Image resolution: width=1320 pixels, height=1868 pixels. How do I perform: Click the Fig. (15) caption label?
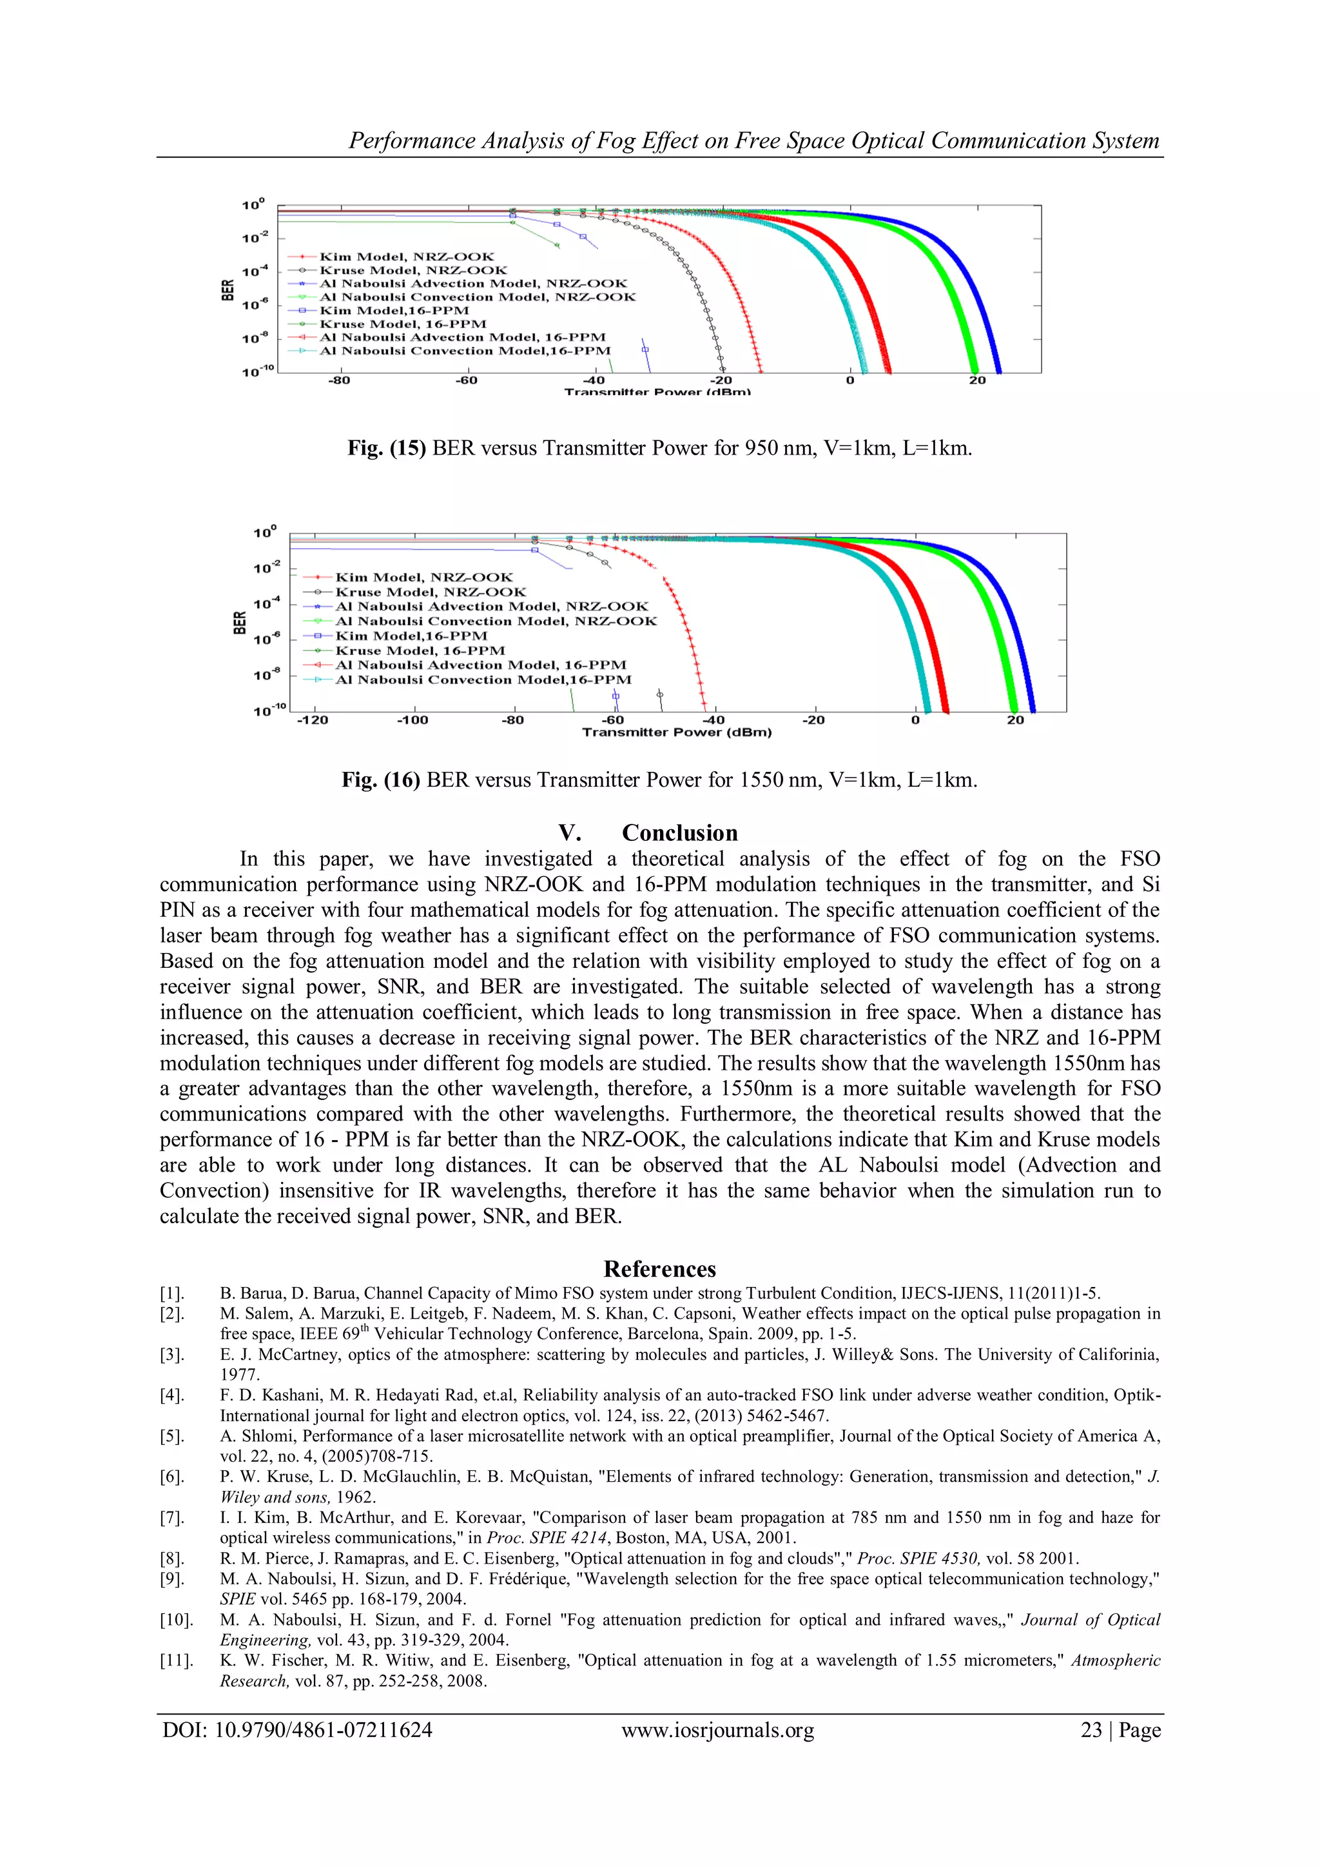tap(386, 448)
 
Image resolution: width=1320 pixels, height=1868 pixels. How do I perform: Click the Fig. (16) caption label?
tap(381, 780)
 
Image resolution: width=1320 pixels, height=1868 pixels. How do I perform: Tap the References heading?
tap(659, 1269)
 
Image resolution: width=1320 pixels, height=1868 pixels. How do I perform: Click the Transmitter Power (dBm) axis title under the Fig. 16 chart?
tap(677, 733)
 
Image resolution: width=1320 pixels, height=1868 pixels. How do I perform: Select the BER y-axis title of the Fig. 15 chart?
tap(228, 289)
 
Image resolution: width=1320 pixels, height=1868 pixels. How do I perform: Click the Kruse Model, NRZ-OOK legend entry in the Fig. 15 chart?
tap(413, 270)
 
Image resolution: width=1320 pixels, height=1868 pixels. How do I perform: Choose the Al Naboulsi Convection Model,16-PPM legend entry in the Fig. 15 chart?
tap(465, 351)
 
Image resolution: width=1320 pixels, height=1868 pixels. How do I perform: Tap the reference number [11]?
tap(176, 1660)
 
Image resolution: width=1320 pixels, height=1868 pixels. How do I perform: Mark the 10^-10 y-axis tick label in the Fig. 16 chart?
tap(269, 711)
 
